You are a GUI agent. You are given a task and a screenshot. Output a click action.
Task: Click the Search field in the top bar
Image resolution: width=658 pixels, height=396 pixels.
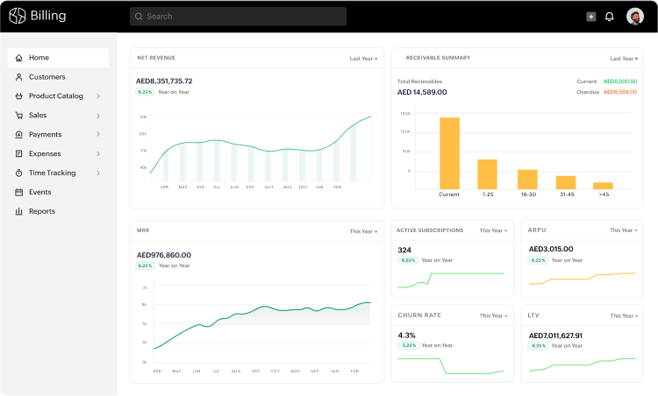(237, 16)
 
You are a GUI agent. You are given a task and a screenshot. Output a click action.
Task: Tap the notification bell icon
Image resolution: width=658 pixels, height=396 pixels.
(610, 16)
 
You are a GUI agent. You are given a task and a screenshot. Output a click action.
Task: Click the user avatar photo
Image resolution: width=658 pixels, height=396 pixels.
(635, 16)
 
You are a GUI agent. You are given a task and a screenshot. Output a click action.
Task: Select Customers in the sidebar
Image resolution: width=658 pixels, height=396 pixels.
(46, 77)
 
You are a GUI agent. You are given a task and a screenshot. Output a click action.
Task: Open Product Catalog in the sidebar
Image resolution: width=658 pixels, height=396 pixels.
(55, 96)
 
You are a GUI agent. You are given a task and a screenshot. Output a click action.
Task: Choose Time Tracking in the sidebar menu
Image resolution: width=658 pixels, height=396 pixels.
(52, 173)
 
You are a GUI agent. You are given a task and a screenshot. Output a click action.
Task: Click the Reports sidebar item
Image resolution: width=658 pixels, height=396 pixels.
(41, 211)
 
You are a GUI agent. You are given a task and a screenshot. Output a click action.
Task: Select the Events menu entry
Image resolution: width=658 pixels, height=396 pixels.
(39, 192)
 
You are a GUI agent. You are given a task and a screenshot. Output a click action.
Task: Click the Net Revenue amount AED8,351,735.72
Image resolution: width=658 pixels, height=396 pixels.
(164, 81)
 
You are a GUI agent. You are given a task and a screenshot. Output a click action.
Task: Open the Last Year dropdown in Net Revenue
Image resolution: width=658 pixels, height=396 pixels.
(363, 59)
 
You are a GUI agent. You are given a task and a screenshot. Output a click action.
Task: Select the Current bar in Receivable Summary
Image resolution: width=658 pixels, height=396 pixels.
(449, 153)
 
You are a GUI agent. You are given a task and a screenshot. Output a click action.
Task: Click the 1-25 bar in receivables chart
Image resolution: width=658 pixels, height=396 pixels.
(487, 173)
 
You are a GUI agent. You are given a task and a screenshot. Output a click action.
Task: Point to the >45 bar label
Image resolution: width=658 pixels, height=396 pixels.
(604, 194)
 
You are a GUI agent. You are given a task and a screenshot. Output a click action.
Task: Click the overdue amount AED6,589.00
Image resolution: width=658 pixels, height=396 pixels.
(620, 91)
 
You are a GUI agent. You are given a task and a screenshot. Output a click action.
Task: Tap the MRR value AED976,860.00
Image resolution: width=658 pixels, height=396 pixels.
(164, 255)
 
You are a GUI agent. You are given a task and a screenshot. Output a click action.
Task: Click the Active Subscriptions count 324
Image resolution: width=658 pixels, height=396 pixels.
(404, 250)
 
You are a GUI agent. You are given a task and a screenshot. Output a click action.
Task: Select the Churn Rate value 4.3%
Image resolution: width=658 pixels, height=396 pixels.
(406, 335)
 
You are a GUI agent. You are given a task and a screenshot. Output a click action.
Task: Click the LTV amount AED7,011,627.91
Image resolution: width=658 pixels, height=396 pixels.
(555, 335)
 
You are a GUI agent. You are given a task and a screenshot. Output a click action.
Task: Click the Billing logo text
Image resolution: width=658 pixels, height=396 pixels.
(48, 16)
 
